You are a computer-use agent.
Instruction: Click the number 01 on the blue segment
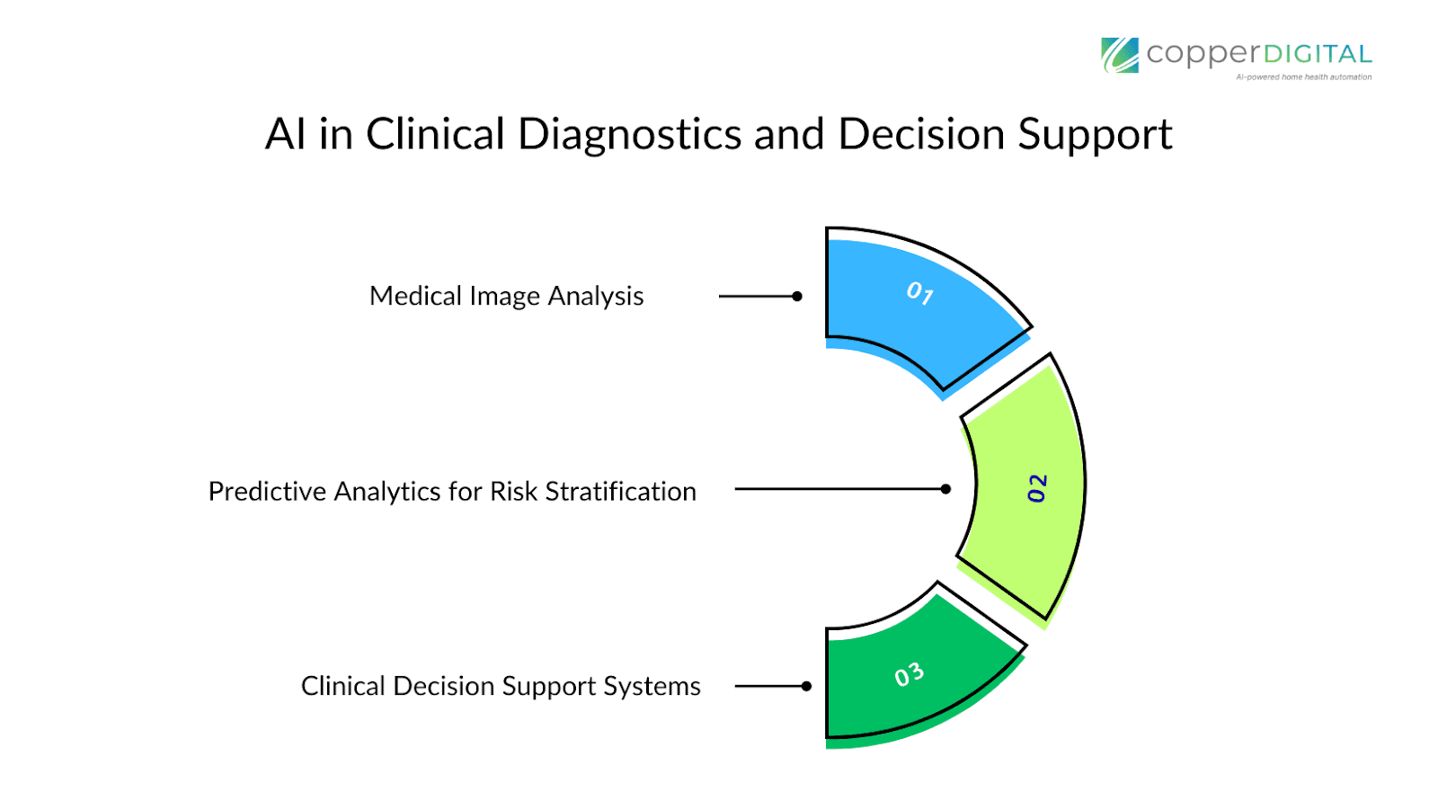pos(919,293)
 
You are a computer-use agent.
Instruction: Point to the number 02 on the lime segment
pos(1037,488)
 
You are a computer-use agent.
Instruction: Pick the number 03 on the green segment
pos(909,675)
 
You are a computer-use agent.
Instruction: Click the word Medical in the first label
pos(415,296)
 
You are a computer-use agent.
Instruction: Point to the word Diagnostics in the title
pos(629,135)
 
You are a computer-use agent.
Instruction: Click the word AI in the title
pos(286,135)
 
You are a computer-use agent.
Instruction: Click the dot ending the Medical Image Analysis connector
pos(797,296)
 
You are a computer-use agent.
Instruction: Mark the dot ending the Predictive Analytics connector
pos(945,489)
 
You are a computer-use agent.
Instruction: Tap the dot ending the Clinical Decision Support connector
pos(806,686)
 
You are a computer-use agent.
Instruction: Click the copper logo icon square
pos(1120,55)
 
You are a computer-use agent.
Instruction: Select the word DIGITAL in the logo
pos(1318,54)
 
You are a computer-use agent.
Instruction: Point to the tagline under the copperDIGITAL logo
pos(1303,77)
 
